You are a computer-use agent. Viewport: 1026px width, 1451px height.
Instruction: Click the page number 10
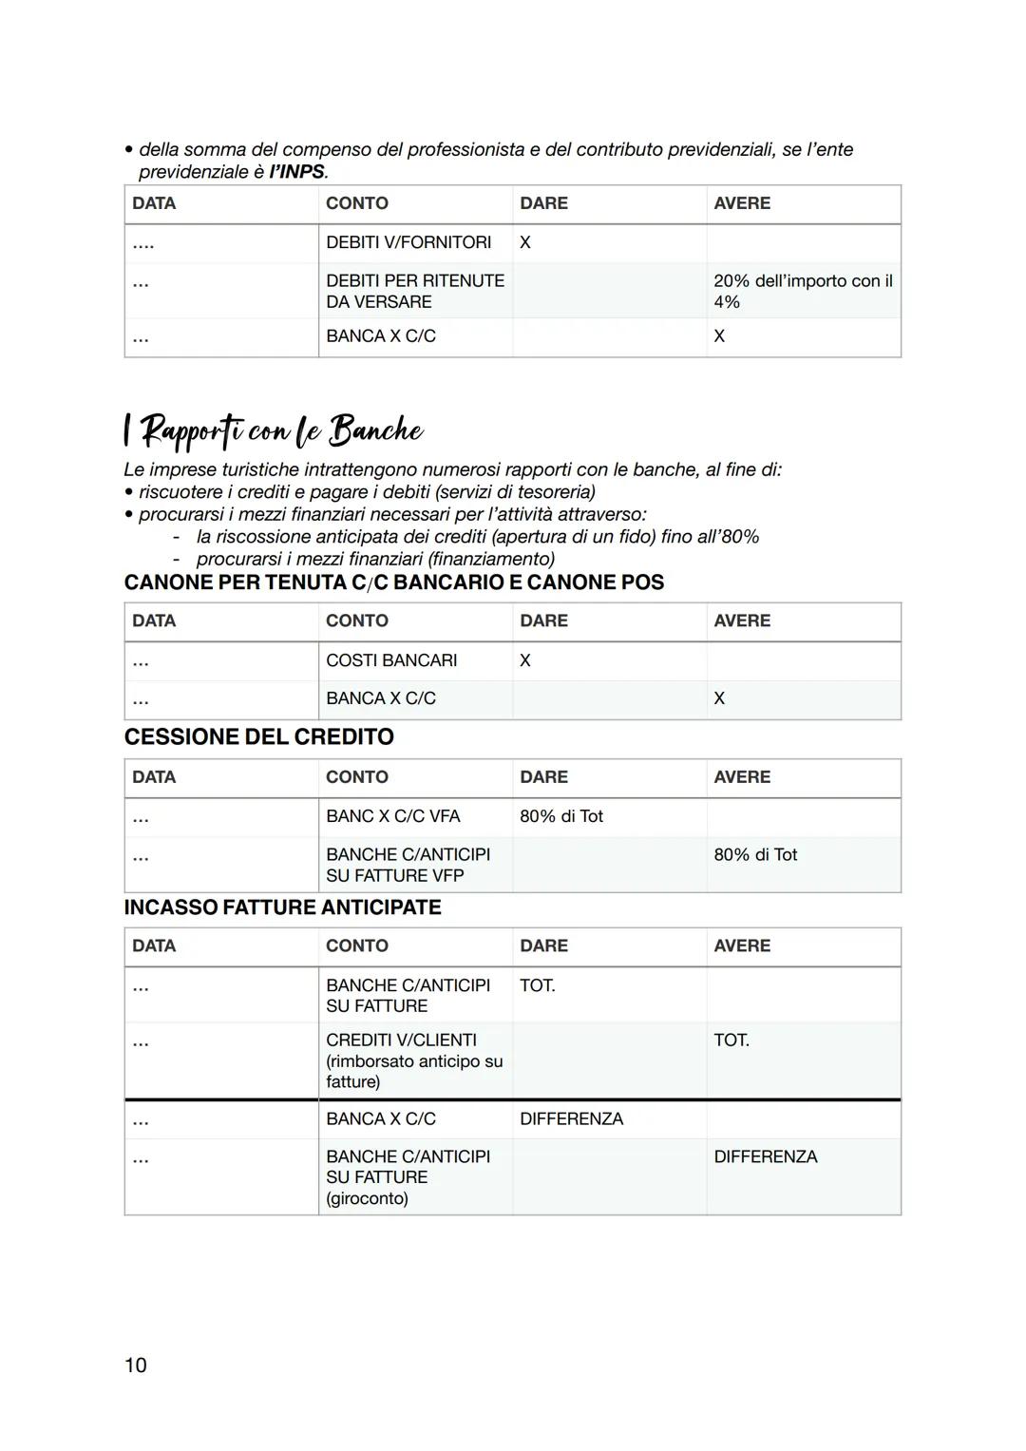coord(135,1365)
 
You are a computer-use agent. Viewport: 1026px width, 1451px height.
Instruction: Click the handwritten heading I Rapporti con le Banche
coord(274,430)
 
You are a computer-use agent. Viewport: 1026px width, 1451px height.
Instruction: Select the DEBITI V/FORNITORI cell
coord(408,242)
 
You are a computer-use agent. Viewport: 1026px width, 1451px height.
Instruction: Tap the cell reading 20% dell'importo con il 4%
coord(802,291)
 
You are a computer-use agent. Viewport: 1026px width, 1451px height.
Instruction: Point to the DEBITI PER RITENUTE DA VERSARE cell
coord(414,291)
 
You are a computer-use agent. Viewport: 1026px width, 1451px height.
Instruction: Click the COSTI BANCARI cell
coord(391,660)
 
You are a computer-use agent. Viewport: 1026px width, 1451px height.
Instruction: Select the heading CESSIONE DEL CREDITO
coord(258,736)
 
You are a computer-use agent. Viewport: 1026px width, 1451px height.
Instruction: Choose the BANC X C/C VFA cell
coord(392,816)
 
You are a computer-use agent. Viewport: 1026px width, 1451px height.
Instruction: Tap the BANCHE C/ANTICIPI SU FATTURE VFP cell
coord(408,865)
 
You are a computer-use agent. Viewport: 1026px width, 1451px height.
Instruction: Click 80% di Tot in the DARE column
coord(560,816)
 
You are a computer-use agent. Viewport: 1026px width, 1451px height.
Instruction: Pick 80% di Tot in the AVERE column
coord(755,854)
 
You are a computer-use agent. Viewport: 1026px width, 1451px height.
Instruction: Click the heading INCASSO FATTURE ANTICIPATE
coord(282,907)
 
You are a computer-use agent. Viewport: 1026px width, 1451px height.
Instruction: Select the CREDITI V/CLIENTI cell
coord(401,1041)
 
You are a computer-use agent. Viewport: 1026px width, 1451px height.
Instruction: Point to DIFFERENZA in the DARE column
coord(571,1119)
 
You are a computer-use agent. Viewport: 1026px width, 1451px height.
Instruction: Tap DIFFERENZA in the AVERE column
coord(765,1156)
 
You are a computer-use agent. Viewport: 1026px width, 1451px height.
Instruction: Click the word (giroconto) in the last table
coord(367,1198)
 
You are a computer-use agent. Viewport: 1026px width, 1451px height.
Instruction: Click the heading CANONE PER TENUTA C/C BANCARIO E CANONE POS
coord(393,582)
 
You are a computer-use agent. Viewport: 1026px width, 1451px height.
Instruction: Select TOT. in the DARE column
coord(537,985)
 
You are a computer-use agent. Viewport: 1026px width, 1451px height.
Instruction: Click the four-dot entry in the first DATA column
coord(143,244)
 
